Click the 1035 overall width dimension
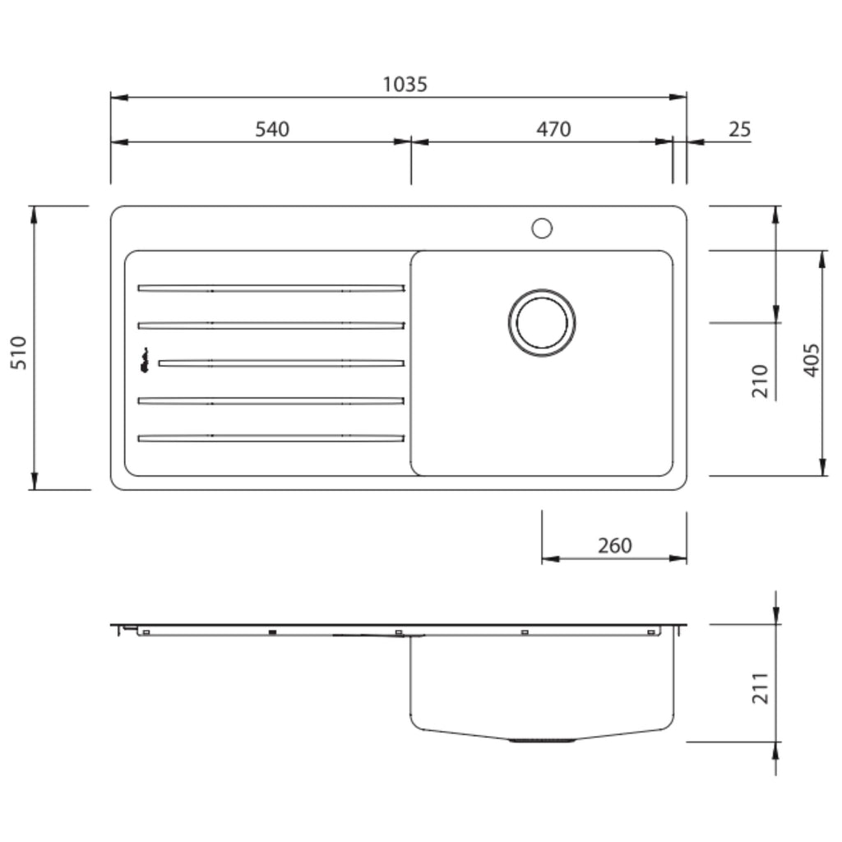[x=405, y=85]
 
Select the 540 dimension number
[x=271, y=129]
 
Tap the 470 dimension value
[x=553, y=129]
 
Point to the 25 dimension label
[x=739, y=129]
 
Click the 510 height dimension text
[x=19, y=352]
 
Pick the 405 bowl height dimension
[x=812, y=360]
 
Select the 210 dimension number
[x=760, y=381]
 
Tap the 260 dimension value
[x=615, y=546]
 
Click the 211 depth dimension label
[x=760, y=688]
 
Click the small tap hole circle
[x=542, y=229]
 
